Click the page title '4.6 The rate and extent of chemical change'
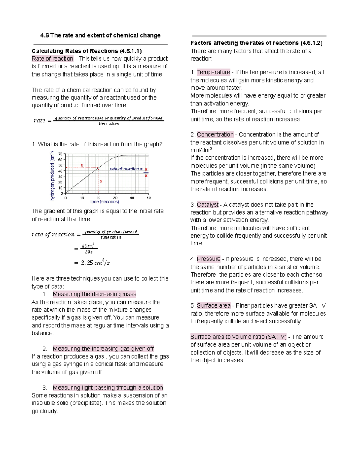[x=100, y=35]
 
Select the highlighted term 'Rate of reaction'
[x=52, y=59]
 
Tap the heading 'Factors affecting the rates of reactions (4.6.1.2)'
[x=256, y=43]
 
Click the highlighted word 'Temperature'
[x=213, y=72]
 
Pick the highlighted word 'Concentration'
[x=215, y=134]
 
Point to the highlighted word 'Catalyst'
[x=208, y=205]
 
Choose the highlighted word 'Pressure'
[x=208, y=259]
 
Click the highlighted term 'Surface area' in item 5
[x=214, y=305]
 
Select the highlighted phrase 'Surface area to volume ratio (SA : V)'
[x=238, y=337]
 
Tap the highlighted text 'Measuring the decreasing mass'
[x=94, y=294]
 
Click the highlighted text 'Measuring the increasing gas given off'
[x=103, y=349]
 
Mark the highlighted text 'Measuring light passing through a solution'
[x=108, y=388]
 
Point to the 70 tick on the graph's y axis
[x=61, y=154]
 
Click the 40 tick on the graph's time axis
[x=132, y=198]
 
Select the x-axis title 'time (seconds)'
[x=105, y=202]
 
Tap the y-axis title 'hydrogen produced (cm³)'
[x=52, y=176]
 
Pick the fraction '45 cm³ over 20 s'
[x=89, y=249]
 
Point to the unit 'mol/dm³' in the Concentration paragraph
[x=202, y=150]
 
